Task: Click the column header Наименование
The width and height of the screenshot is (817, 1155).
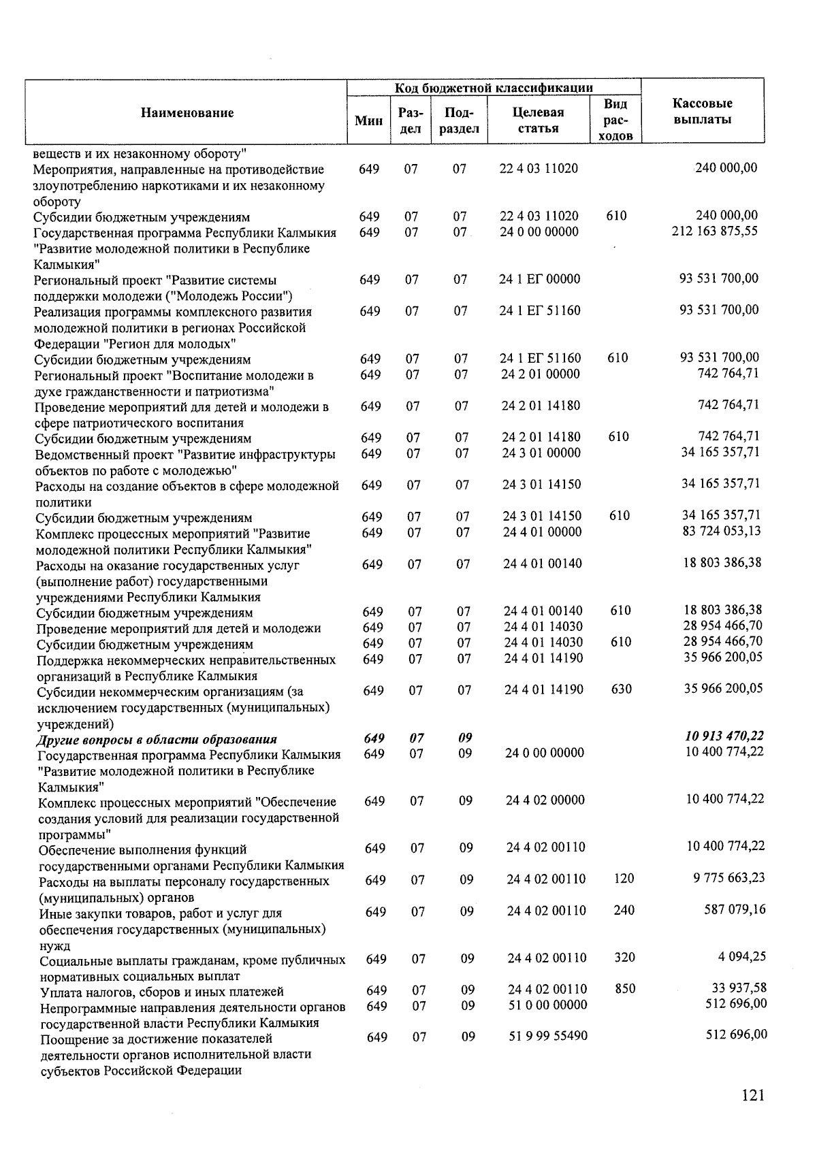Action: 187,113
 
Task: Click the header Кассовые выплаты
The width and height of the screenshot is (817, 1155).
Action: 702,112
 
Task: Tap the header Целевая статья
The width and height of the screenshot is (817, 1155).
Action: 538,120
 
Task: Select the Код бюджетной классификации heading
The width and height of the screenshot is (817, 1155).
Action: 494,87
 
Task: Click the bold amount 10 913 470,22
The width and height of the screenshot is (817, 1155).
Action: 724,736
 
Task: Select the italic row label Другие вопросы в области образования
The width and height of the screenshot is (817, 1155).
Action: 157,739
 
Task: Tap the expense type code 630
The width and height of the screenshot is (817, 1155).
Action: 621,689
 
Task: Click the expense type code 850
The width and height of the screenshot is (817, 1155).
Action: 624,988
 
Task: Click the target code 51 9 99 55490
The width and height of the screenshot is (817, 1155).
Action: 548,1036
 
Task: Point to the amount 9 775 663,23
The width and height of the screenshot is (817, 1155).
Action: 729,877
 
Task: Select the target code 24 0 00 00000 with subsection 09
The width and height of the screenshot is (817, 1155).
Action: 545,752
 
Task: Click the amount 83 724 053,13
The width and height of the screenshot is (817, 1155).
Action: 721,531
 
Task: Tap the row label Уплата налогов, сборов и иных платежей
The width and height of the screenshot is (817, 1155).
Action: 161,992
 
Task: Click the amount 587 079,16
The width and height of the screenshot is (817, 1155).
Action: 735,909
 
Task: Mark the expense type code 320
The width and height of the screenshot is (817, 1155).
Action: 624,957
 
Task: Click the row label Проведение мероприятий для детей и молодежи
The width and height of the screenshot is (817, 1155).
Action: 178,628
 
